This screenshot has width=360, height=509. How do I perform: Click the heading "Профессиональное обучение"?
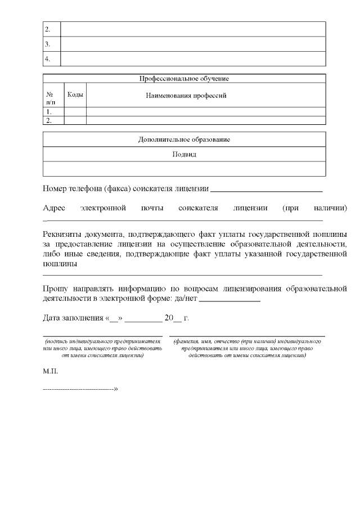pyautogui.click(x=184, y=79)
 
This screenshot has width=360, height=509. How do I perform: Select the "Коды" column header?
pyautogui.click(x=75, y=95)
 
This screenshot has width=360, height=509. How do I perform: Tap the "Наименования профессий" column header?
pyautogui.click(x=186, y=96)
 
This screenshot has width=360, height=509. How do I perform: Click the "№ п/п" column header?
pyautogui.click(x=51, y=98)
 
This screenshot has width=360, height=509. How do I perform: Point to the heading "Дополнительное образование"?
pyautogui.click(x=184, y=139)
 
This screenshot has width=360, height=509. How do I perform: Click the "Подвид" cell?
pyautogui.click(x=184, y=154)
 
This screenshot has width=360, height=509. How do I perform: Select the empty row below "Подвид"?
pyautogui.click(x=184, y=169)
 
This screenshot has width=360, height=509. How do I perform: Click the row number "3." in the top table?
pyautogui.click(x=48, y=44)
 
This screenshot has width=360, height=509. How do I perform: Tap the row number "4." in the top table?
pyautogui.click(x=48, y=58)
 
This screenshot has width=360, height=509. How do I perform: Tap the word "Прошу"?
pyautogui.click(x=55, y=289)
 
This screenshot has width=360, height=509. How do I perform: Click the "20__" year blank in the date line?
pyautogui.click(x=172, y=318)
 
